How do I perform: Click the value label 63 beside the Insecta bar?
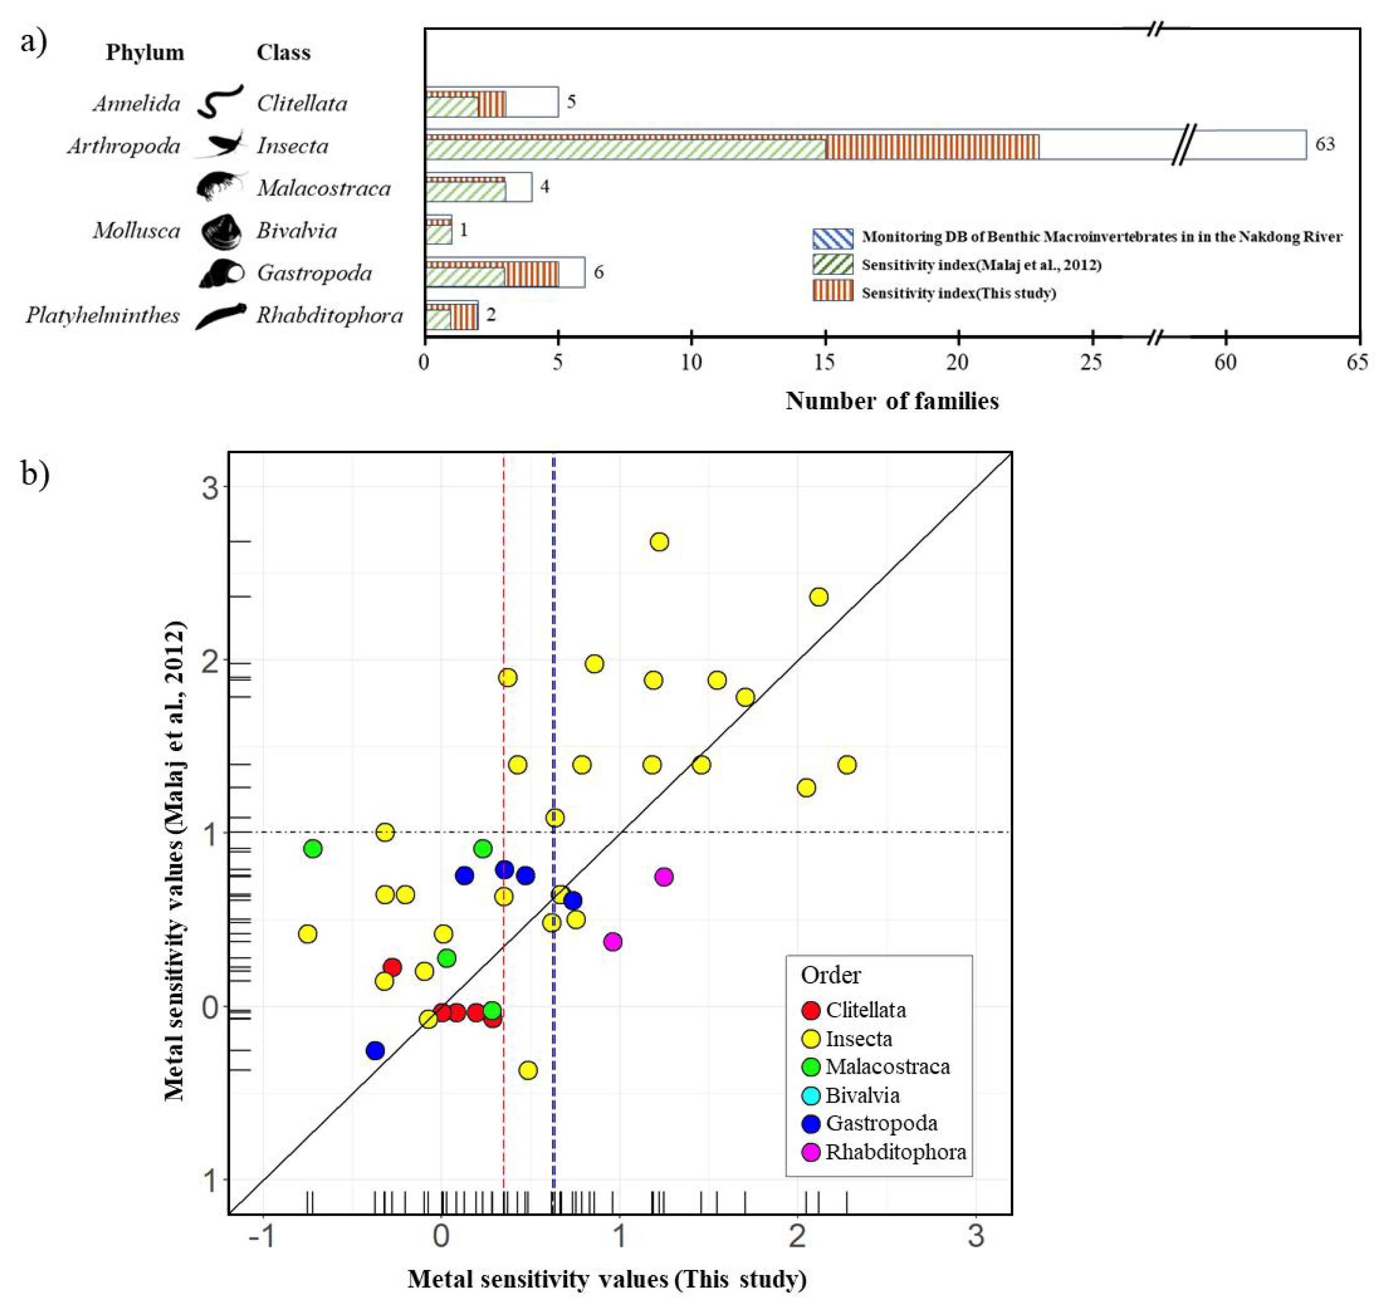coord(1325,145)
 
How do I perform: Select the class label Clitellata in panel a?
coord(302,103)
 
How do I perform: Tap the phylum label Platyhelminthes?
coord(103,316)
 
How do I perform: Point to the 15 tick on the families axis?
coord(825,363)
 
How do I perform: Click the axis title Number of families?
coord(891,401)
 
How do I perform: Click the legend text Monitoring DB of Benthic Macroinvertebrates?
coord(1101,237)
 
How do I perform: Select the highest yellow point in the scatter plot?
coord(659,541)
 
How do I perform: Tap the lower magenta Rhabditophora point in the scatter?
coord(612,941)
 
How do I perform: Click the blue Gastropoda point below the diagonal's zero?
coord(375,1050)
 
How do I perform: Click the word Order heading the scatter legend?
coord(830,975)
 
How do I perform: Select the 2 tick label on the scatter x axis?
coord(797,1236)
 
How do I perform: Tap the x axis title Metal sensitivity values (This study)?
coord(607,1279)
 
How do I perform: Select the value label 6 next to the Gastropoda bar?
coord(598,272)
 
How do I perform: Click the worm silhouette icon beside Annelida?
coord(220,102)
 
